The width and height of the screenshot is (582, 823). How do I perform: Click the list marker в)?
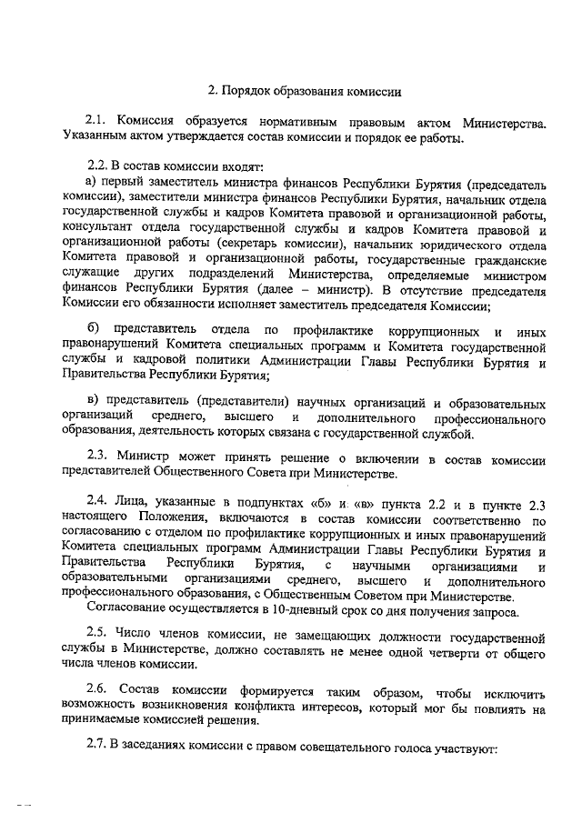(92, 404)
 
